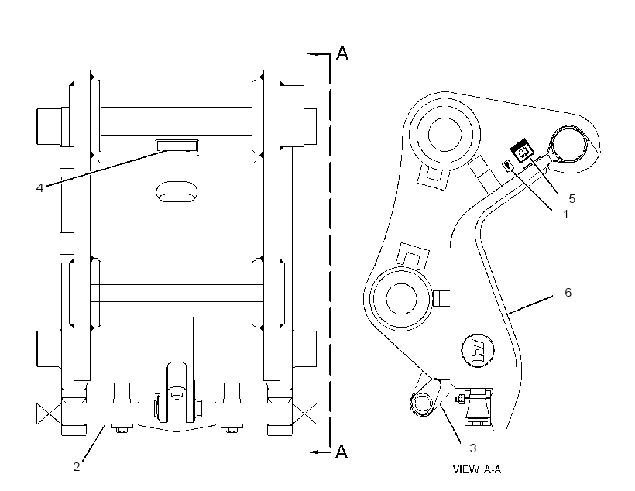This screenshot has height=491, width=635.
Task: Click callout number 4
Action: [39, 188]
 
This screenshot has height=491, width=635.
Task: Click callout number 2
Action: [77, 467]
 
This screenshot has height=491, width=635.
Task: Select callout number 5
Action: [571, 198]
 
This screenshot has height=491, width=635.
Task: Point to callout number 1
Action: [566, 214]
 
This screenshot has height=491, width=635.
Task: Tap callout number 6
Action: [568, 292]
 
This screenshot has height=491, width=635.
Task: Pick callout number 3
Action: [472, 448]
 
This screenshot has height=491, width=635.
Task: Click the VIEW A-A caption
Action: [477, 469]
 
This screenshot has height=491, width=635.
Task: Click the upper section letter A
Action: [342, 53]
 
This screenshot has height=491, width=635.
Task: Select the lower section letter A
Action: [342, 452]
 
